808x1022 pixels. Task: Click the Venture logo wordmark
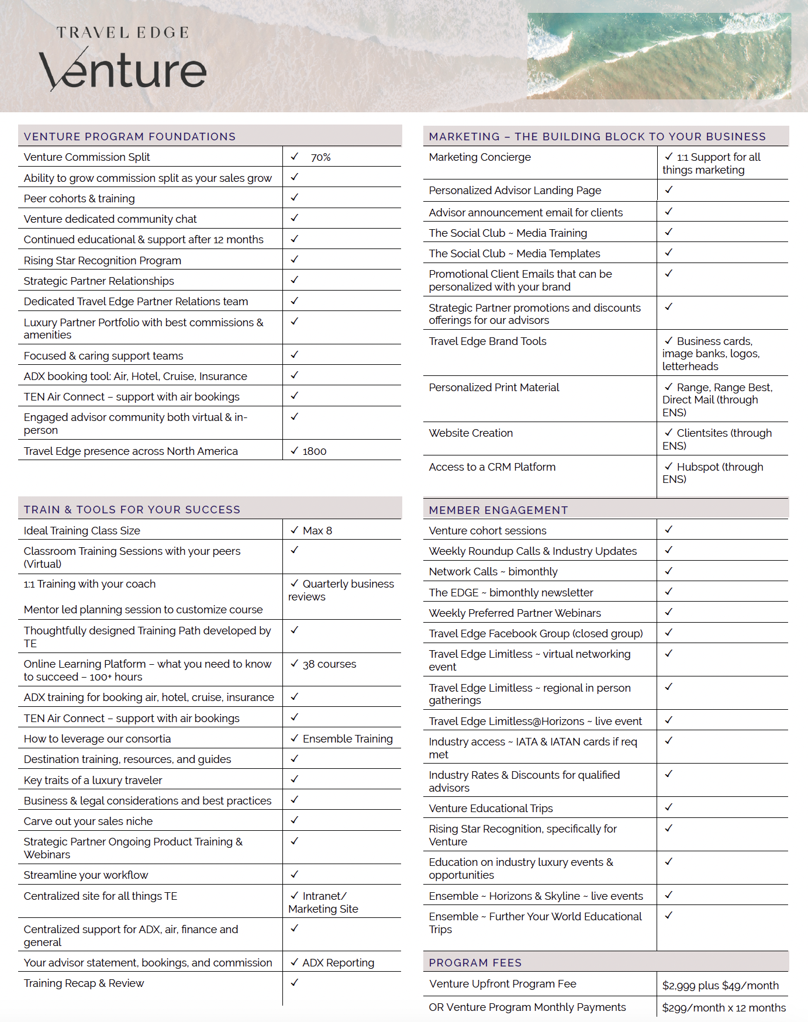123,70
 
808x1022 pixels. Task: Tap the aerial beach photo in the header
659,56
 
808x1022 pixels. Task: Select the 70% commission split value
320,157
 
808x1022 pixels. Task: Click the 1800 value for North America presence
315,451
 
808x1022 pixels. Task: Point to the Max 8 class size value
317,531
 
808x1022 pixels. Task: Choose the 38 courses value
329,664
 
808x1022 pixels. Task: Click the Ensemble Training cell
347,739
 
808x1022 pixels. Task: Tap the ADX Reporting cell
338,963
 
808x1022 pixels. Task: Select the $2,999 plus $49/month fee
720,986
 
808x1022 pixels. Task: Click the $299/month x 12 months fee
724,1008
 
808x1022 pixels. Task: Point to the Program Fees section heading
475,963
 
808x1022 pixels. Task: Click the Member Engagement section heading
498,510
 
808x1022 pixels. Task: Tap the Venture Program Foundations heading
130,137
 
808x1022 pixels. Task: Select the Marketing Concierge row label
480,157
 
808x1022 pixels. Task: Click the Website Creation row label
471,433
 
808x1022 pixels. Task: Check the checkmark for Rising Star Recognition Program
295,259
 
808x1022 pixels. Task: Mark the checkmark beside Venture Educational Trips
669,807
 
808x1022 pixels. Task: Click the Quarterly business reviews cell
341,590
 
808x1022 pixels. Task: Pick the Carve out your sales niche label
88,821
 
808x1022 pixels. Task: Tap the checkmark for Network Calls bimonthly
669,571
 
